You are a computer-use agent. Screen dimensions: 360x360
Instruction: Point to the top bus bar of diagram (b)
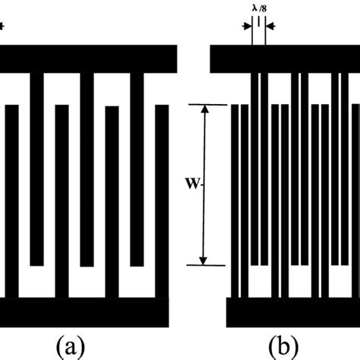[283, 58]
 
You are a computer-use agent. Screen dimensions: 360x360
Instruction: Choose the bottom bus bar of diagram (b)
[283, 312]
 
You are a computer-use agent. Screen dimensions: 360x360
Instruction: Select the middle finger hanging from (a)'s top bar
[87, 167]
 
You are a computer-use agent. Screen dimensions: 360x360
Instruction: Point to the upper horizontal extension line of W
[204, 104]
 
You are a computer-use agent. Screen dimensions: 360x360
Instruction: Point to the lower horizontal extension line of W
[204, 266]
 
